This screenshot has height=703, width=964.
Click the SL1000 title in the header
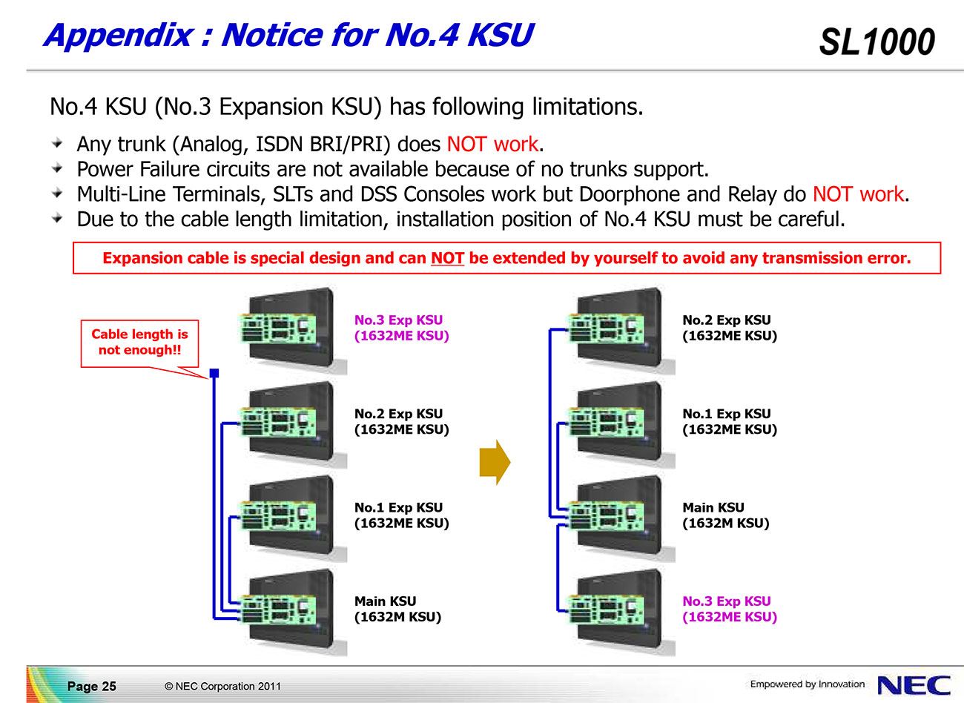click(x=876, y=42)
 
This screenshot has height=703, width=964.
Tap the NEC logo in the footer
click(x=914, y=685)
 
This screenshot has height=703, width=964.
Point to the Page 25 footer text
click(x=92, y=686)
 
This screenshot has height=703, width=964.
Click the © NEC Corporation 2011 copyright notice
click(x=222, y=686)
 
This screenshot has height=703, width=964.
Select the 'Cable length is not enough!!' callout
click(x=139, y=343)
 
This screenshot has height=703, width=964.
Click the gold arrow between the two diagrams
click(x=495, y=462)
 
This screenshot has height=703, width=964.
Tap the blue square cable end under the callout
click(x=214, y=373)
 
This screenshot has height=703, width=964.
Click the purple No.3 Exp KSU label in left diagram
click(x=401, y=328)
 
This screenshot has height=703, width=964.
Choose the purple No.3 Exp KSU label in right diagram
click(x=730, y=609)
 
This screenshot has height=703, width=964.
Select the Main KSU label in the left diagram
click(x=397, y=609)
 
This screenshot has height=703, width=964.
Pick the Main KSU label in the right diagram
click(x=725, y=515)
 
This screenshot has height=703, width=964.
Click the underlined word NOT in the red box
click(x=448, y=258)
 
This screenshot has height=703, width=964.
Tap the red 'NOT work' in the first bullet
click(x=493, y=144)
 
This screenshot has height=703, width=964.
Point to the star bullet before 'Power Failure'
click(x=57, y=168)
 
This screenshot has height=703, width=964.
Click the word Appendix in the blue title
click(x=119, y=36)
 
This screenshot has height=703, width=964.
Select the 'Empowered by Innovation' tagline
click(x=808, y=684)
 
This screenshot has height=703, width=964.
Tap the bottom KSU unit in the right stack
click(x=621, y=611)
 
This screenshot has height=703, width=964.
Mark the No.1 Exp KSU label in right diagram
click(x=730, y=421)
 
